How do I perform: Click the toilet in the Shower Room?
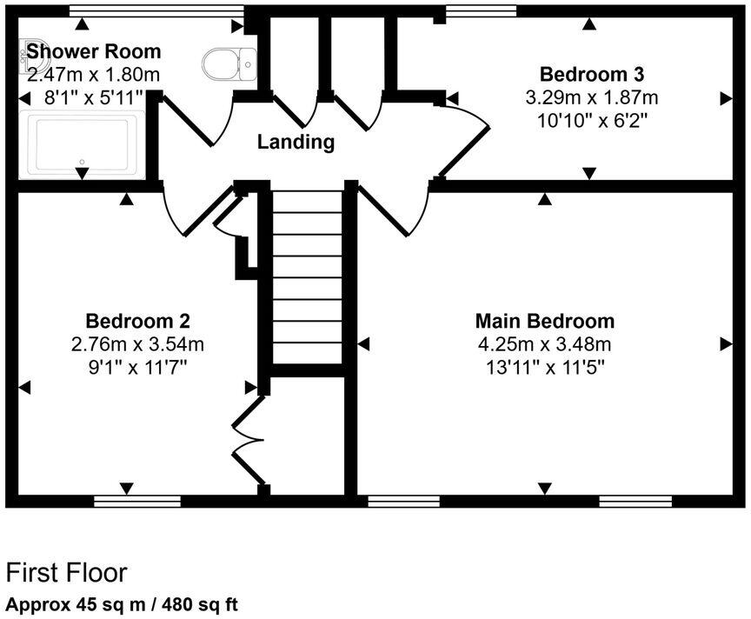point(228,61)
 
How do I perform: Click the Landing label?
point(296,142)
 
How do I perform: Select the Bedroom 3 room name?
point(591,73)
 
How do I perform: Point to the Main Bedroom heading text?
point(545,321)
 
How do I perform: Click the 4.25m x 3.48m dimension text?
point(545,343)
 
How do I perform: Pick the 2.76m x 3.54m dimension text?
point(138,343)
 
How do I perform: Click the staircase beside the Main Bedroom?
point(308,278)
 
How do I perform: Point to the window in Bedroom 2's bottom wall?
point(137,501)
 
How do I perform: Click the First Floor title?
point(67,573)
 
